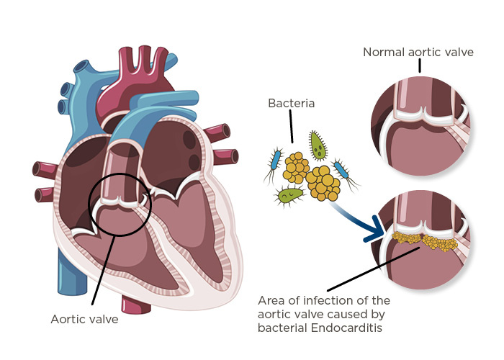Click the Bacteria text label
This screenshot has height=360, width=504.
tap(291, 104)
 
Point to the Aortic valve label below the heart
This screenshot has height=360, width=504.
tap(84, 318)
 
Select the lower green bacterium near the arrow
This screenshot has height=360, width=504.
tap(289, 194)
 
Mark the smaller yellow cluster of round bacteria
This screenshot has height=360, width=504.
tap(297, 166)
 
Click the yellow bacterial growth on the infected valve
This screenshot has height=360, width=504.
tap(425, 241)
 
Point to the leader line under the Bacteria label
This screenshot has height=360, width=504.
tap(291, 129)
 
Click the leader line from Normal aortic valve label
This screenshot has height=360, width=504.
tap(419, 66)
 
